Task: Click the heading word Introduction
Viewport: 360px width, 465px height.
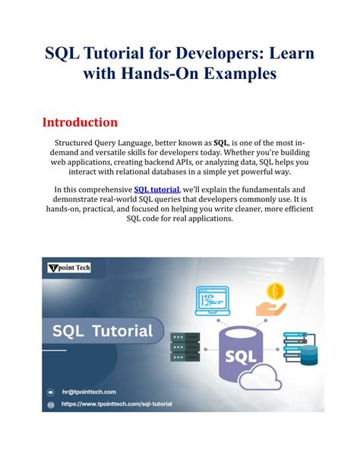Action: click(x=79, y=122)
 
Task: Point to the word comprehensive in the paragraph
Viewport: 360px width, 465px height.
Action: click(x=104, y=189)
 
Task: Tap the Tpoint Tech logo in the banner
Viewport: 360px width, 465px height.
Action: click(x=72, y=268)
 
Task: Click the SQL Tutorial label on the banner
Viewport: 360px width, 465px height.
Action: click(x=103, y=330)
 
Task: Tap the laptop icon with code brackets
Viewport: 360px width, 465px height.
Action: click(x=213, y=298)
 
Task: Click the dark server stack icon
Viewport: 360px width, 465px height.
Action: click(x=185, y=347)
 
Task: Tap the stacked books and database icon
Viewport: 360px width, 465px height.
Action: click(x=299, y=347)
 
